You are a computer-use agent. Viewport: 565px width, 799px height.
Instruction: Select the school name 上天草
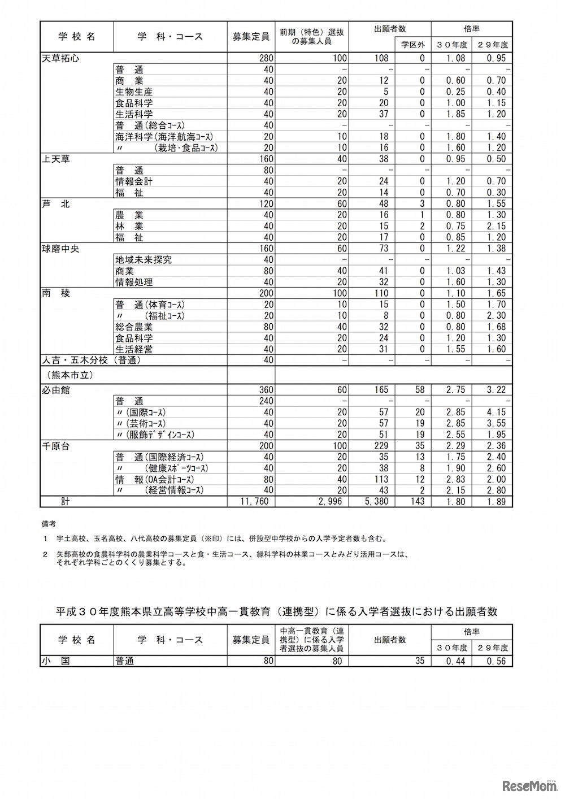(x=55, y=159)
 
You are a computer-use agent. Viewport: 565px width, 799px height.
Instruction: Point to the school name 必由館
(x=55, y=390)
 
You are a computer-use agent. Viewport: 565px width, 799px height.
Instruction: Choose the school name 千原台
(x=55, y=446)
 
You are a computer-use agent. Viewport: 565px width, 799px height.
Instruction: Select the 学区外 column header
(x=412, y=45)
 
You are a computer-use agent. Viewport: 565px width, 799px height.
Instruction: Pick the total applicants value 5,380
(x=375, y=502)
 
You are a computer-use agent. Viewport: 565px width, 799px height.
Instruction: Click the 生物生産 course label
(x=134, y=92)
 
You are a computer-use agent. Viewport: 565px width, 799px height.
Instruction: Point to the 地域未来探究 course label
(x=144, y=260)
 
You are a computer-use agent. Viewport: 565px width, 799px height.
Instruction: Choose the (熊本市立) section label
(x=67, y=375)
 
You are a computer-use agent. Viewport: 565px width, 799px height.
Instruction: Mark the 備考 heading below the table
(x=49, y=524)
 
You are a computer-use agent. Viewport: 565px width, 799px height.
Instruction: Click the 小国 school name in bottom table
(x=55, y=661)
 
